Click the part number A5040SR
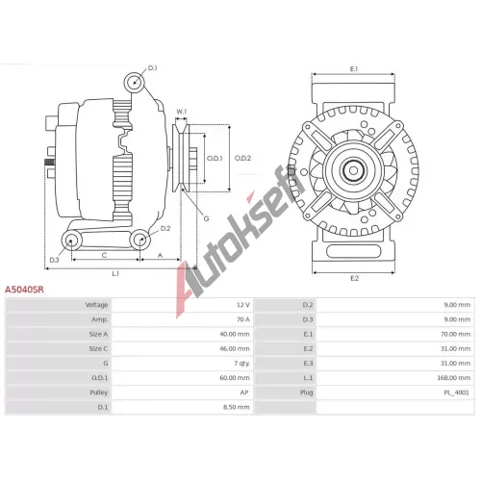pos(24,290)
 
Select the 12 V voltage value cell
pos(243,305)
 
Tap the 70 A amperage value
pos(243,319)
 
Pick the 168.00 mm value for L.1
pos(454,378)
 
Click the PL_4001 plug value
pos(456,392)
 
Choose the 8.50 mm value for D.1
pos(237,407)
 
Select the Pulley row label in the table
pos(99,392)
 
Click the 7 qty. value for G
pos(241,364)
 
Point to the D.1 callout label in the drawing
pos(152,68)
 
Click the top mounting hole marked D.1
pos(135,82)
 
